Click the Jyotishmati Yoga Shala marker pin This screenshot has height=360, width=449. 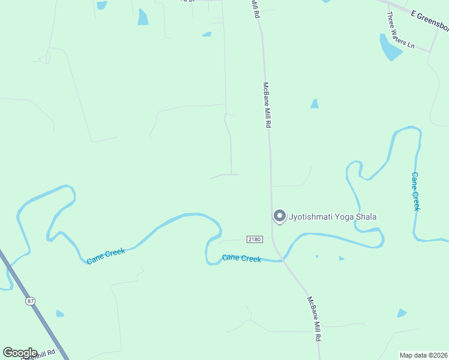(x=279, y=216)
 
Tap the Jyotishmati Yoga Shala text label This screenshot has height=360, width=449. (x=333, y=217)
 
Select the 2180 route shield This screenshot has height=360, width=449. (x=255, y=239)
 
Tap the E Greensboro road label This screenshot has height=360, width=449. (x=429, y=20)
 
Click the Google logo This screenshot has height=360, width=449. (x=20, y=353)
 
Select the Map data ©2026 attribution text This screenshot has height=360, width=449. (x=423, y=355)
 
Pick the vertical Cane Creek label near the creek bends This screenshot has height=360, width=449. (x=415, y=191)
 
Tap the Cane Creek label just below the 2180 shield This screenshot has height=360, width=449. (x=241, y=258)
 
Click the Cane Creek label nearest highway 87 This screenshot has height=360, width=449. (x=106, y=256)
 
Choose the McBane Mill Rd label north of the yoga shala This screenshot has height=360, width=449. (x=268, y=105)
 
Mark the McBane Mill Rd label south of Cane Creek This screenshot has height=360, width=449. (x=313, y=319)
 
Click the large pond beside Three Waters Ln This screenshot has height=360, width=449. (x=390, y=48)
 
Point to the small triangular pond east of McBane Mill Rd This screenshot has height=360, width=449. (x=315, y=104)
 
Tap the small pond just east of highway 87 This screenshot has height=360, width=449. (x=60, y=313)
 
